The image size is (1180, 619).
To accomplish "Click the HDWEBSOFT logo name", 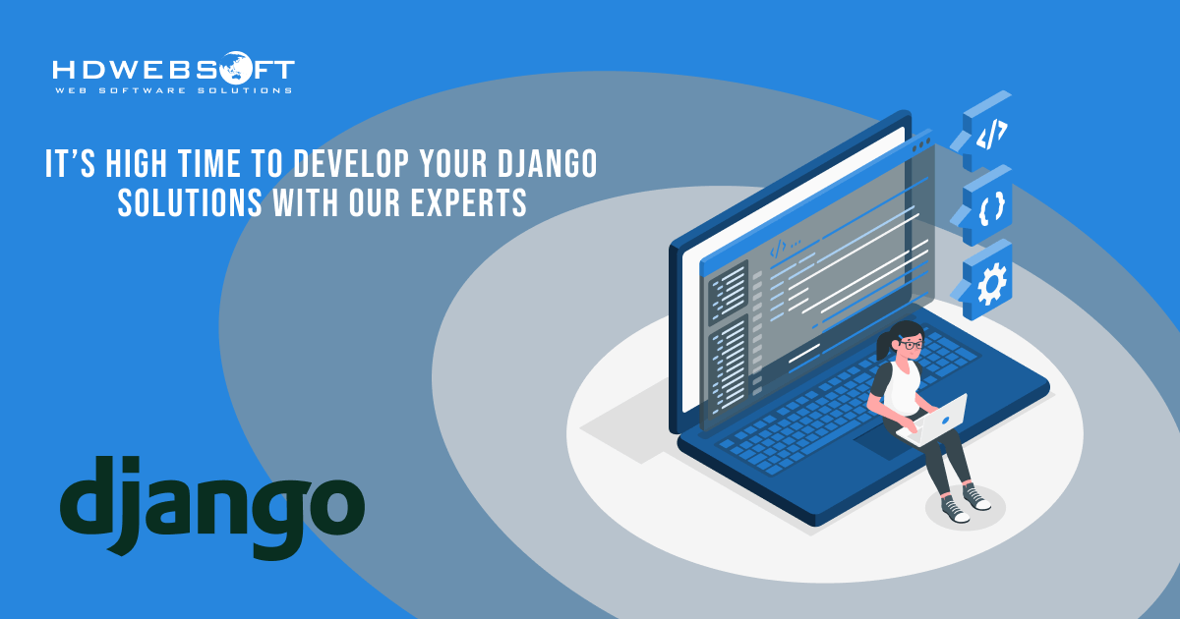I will click(x=173, y=70).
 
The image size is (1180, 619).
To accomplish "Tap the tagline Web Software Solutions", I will click(x=173, y=90).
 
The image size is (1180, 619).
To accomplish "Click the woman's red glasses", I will click(x=912, y=345).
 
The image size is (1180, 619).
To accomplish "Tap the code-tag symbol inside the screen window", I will click(x=779, y=247).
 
